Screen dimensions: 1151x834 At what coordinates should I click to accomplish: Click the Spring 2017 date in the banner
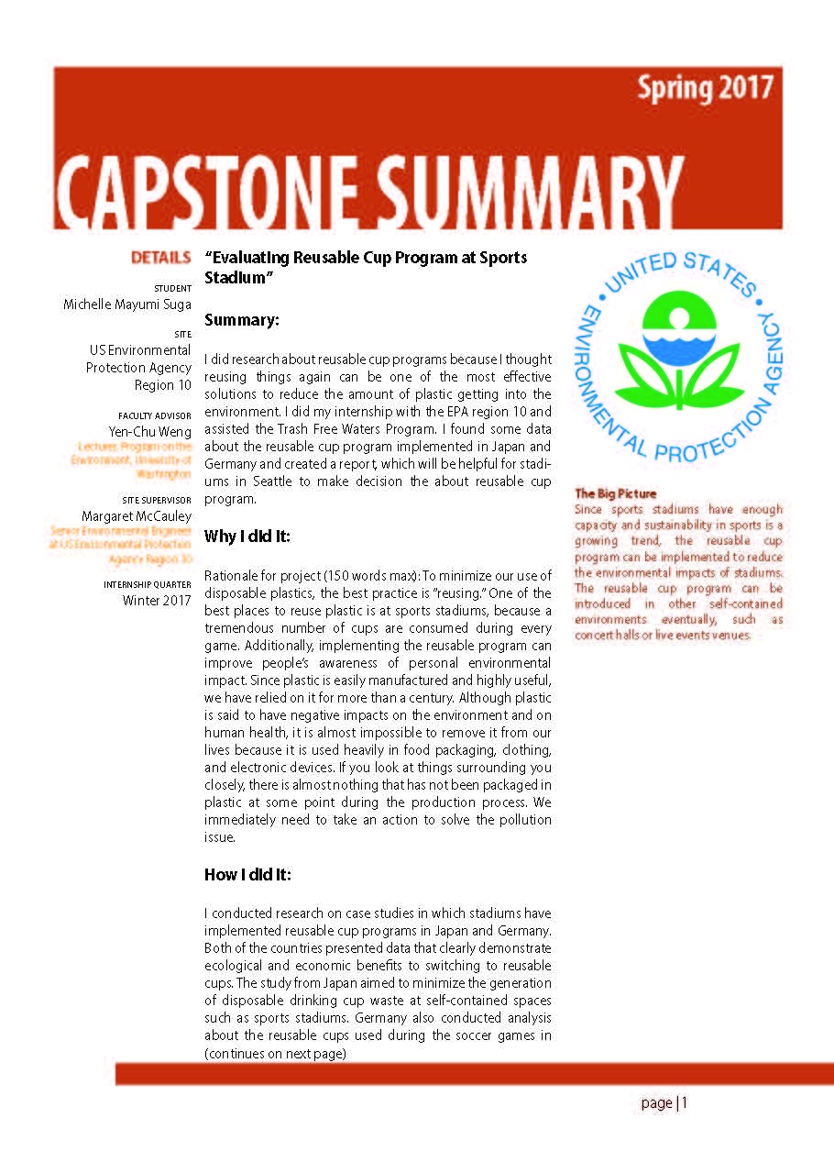[705, 89]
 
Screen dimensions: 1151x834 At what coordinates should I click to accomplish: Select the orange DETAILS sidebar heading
[160, 258]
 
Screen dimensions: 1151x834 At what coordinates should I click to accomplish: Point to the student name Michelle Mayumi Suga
[126, 304]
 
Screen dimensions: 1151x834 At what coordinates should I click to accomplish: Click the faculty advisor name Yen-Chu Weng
[149, 432]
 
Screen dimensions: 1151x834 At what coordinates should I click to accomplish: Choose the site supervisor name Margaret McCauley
[137, 516]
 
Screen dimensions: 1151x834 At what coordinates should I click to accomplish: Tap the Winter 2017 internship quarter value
[157, 601]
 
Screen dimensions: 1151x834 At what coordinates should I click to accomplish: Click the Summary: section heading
[241, 319]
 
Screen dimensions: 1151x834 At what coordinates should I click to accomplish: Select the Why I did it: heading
[247, 536]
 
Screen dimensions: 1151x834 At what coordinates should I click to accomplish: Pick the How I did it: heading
[247, 875]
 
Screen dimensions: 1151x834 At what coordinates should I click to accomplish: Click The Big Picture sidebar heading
[615, 493]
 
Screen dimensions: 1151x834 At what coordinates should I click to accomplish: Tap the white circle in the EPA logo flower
[679, 317]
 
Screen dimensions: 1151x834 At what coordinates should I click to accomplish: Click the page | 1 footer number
[664, 1102]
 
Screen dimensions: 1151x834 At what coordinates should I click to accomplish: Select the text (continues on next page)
[275, 1054]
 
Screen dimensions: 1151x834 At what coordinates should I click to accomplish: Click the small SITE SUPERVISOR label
[157, 501]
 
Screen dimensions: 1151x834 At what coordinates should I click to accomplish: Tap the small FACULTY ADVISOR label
[155, 415]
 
